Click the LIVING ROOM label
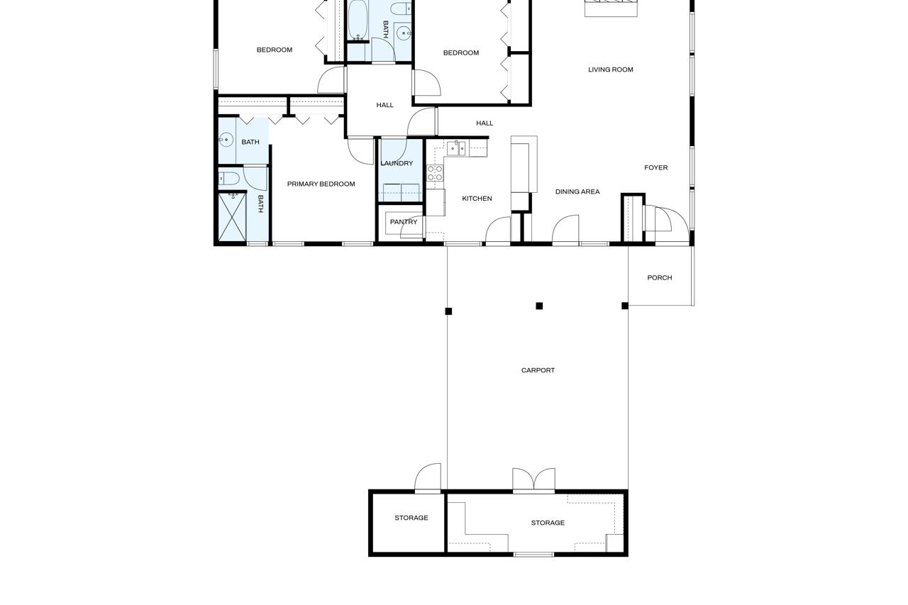click(x=610, y=70)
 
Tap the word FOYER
click(x=655, y=168)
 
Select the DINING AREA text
click(x=577, y=192)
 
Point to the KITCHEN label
click(x=477, y=199)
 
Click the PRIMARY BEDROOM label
click(x=321, y=184)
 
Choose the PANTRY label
click(x=403, y=222)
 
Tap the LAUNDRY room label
click(x=396, y=163)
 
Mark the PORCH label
click(x=659, y=278)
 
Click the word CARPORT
click(x=538, y=370)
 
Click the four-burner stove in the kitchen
click(x=435, y=173)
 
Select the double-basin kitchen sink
click(x=457, y=148)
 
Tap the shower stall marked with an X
click(x=232, y=216)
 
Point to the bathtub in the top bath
click(x=358, y=21)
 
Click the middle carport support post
click(x=539, y=306)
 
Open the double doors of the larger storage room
click(x=533, y=481)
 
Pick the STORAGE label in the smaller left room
click(x=411, y=518)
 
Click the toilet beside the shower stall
click(x=229, y=178)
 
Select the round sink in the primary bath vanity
click(x=226, y=140)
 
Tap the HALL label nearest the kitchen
click(x=485, y=123)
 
